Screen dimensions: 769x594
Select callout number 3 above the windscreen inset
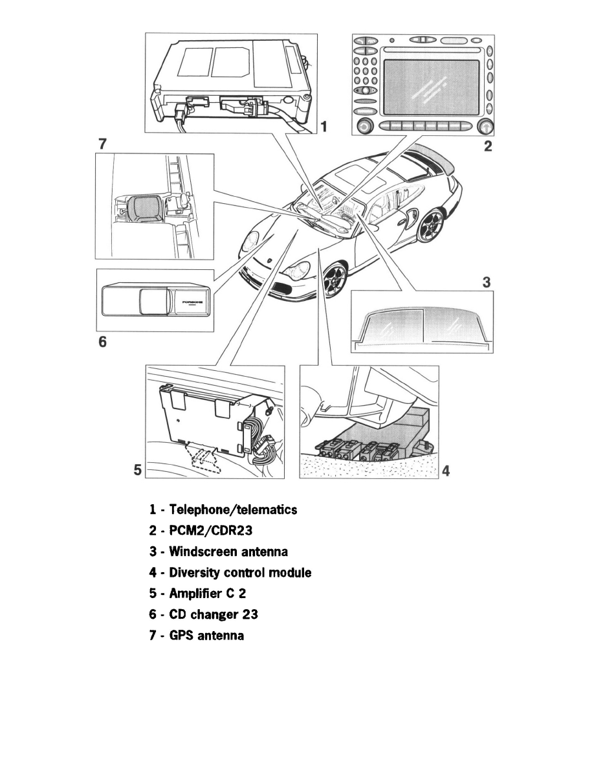[487, 282]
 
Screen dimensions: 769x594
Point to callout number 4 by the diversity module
[445, 471]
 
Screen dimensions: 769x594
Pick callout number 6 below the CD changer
[102, 342]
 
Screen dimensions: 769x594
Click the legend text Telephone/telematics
[233, 510]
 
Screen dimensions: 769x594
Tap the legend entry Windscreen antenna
[228, 552]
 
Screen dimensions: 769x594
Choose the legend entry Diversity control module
[240, 573]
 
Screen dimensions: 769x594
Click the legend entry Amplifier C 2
[210, 594]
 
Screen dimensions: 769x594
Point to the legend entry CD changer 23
[214, 614]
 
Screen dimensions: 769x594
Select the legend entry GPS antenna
[206, 636]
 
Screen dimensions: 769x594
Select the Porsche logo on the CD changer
[192, 302]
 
